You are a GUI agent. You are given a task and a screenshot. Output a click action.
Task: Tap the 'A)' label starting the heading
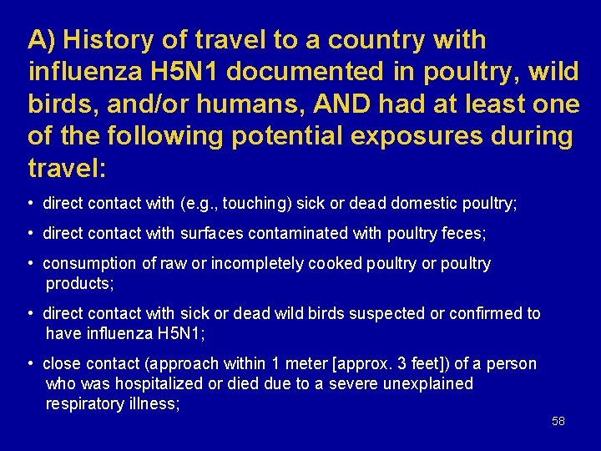point(41,40)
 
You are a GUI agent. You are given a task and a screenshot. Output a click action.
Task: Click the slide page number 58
point(558,421)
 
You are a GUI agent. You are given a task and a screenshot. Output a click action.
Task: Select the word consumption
point(90,264)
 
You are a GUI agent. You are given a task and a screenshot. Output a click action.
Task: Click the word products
point(78,283)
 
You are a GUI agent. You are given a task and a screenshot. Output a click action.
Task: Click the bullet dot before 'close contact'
point(30,364)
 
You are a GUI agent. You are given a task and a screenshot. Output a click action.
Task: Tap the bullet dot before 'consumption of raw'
point(30,264)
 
